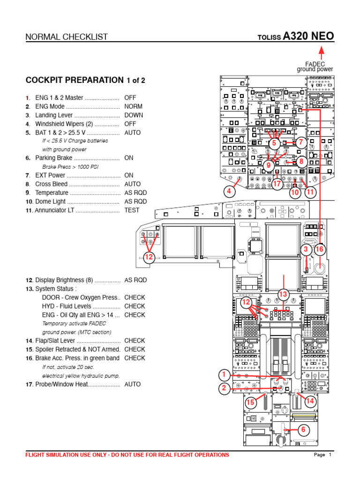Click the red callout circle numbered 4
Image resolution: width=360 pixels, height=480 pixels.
pyautogui.click(x=229, y=191)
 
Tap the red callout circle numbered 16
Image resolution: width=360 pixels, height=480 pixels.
pyautogui.click(x=319, y=249)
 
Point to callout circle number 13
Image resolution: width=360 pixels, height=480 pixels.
pyautogui.click(x=283, y=294)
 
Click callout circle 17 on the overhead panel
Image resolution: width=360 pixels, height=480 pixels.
pyautogui.click(x=277, y=184)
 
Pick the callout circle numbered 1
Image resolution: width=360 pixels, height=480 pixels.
pyautogui.click(x=224, y=375)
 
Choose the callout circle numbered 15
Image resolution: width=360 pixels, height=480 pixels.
pyautogui.click(x=251, y=402)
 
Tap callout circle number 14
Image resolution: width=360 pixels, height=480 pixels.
pyautogui.click(x=310, y=401)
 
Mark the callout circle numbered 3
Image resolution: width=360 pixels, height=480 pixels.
pyautogui.click(x=306, y=249)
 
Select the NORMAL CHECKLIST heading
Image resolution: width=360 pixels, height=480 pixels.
pyautogui.click(x=66, y=37)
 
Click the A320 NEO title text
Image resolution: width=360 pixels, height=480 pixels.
pyautogui.click(x=307, y=37)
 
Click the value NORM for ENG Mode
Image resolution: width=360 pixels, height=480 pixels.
pyautogui.click(x=133, y=106)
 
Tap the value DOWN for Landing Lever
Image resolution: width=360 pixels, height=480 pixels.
pyautogui.click(x=134, y=115)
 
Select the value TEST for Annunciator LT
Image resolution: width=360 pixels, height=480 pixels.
pyautogui.click(x=132, y=210)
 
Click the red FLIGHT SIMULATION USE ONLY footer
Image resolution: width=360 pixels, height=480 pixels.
pyautogui.click(x=127, y=455)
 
